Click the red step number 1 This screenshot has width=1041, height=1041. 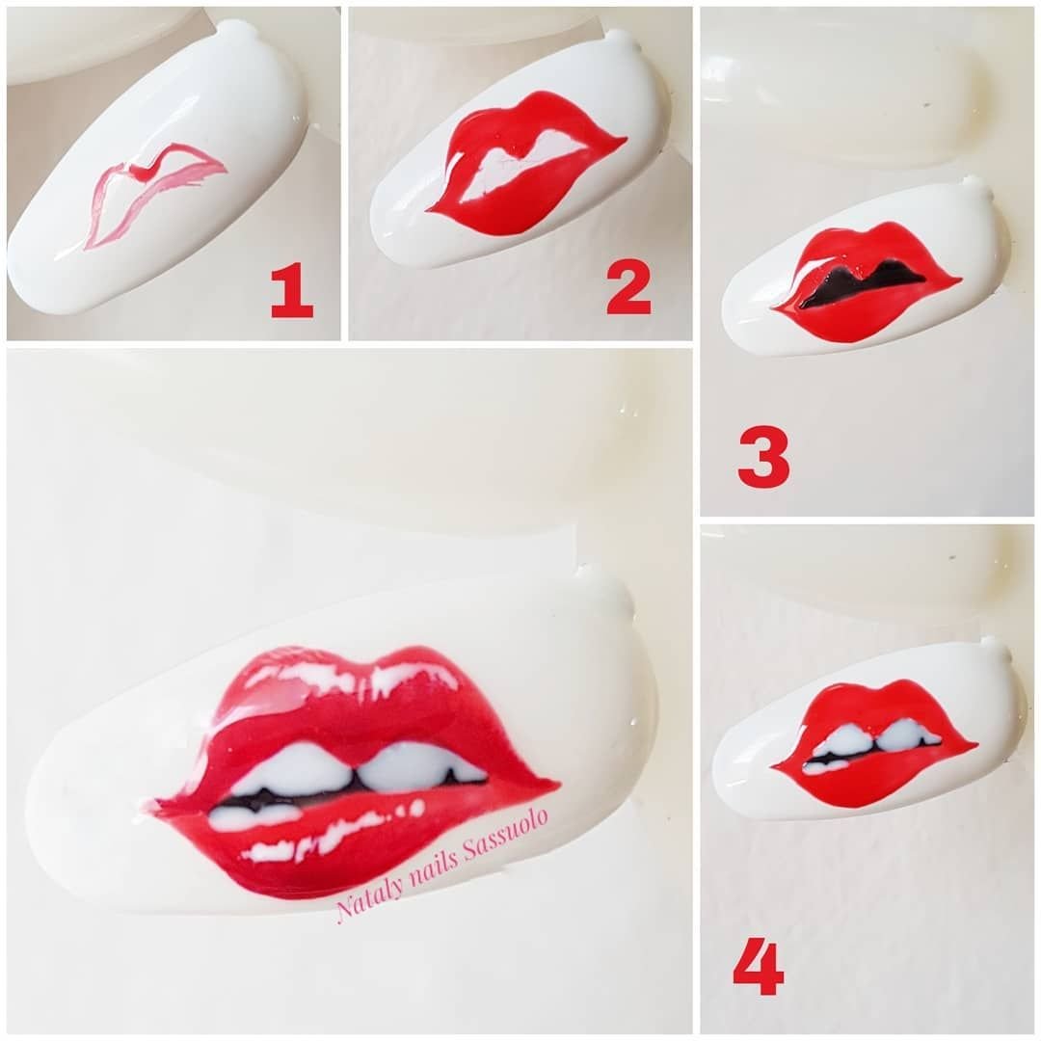click(291, 289)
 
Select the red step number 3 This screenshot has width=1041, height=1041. click(763, 457)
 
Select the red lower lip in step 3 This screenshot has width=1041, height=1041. click(863, 319)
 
